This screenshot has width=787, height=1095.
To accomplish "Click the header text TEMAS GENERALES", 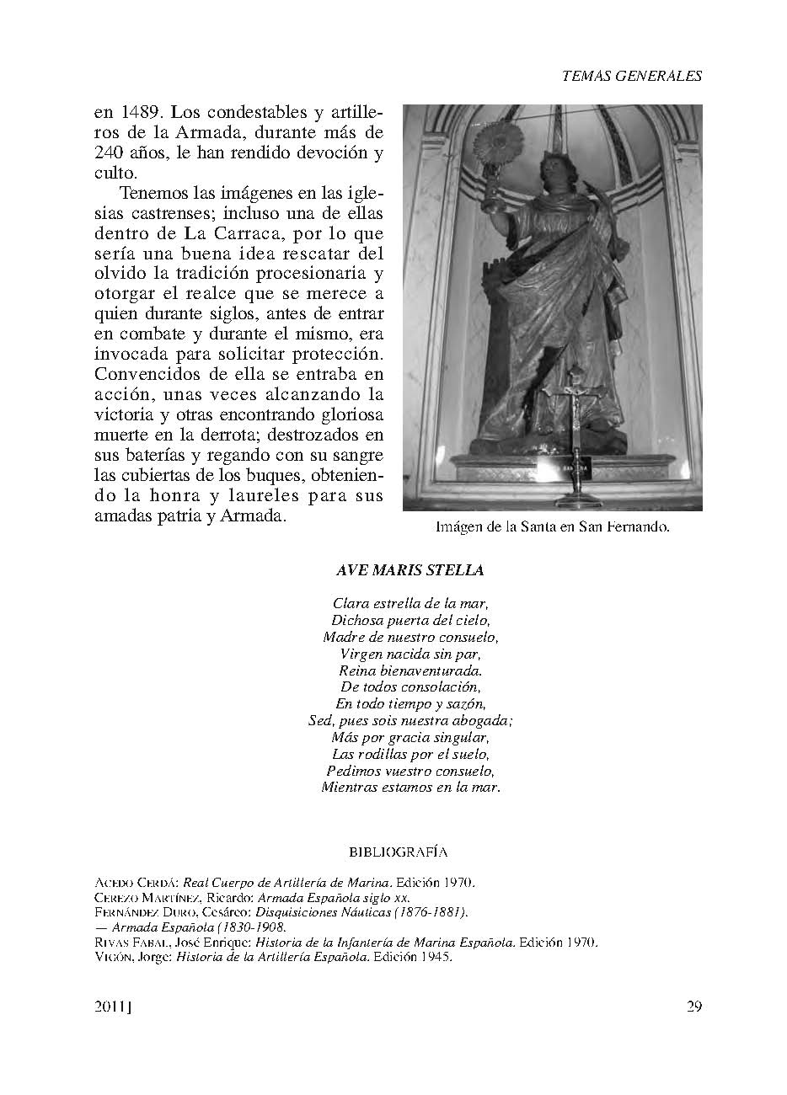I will [631, 76].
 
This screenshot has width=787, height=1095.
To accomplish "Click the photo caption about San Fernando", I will [552, 528].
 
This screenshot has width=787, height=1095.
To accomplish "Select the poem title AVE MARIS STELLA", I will [410, 570].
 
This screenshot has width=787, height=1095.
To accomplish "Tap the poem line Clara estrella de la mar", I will [410, 603].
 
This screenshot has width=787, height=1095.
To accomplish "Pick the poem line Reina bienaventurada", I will [410, 670].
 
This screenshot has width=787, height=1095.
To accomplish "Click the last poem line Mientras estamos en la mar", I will [410, 788].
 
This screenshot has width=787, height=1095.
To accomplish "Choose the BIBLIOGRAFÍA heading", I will [398, 852].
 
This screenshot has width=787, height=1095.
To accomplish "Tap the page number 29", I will [693, 1006].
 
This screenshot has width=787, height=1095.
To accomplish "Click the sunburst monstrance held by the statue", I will [491, 139].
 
